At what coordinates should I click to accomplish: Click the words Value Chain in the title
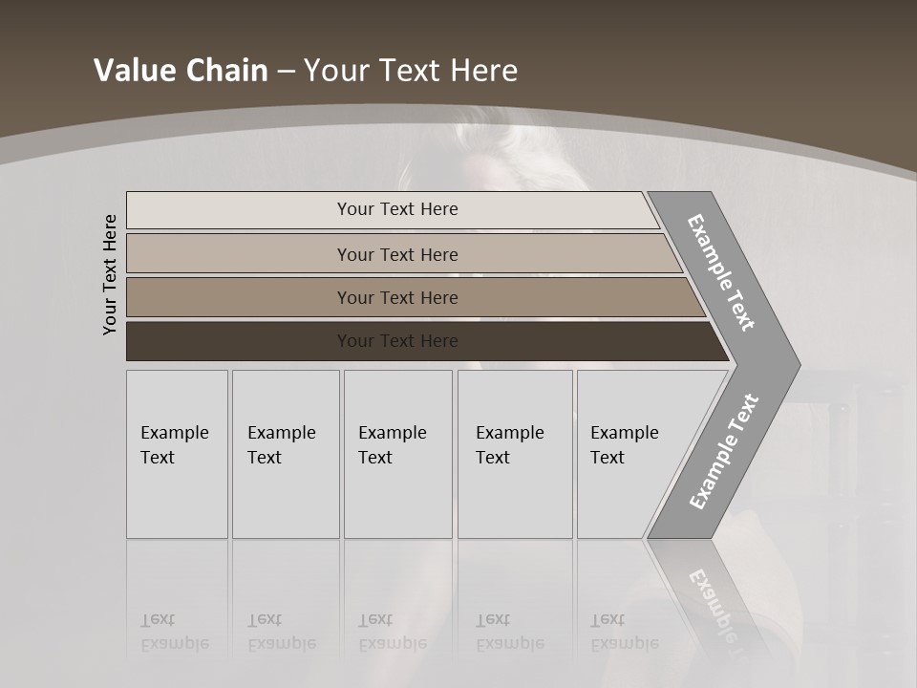point(181,70)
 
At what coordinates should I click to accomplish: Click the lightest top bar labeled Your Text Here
point(397,209)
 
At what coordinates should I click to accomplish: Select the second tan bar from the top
point(397,254)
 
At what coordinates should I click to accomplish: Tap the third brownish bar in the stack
point(397,297)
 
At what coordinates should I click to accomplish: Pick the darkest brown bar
point(397,341)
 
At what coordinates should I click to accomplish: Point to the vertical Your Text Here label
point(110,274)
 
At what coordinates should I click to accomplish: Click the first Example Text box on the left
point(177,454)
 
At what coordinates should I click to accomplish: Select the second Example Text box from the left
point(285,454)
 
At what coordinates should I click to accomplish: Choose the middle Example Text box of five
point(397,454)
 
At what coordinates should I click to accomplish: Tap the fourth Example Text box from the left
point(514,454)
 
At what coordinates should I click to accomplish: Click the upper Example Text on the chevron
point(721,272)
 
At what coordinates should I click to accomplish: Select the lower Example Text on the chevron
point(723,452)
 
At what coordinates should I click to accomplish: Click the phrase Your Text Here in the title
point(411,70)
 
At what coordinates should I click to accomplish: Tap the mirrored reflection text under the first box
point(175,632)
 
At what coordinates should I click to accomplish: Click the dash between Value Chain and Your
point(286,71)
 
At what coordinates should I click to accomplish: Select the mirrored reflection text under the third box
point(393,632)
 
